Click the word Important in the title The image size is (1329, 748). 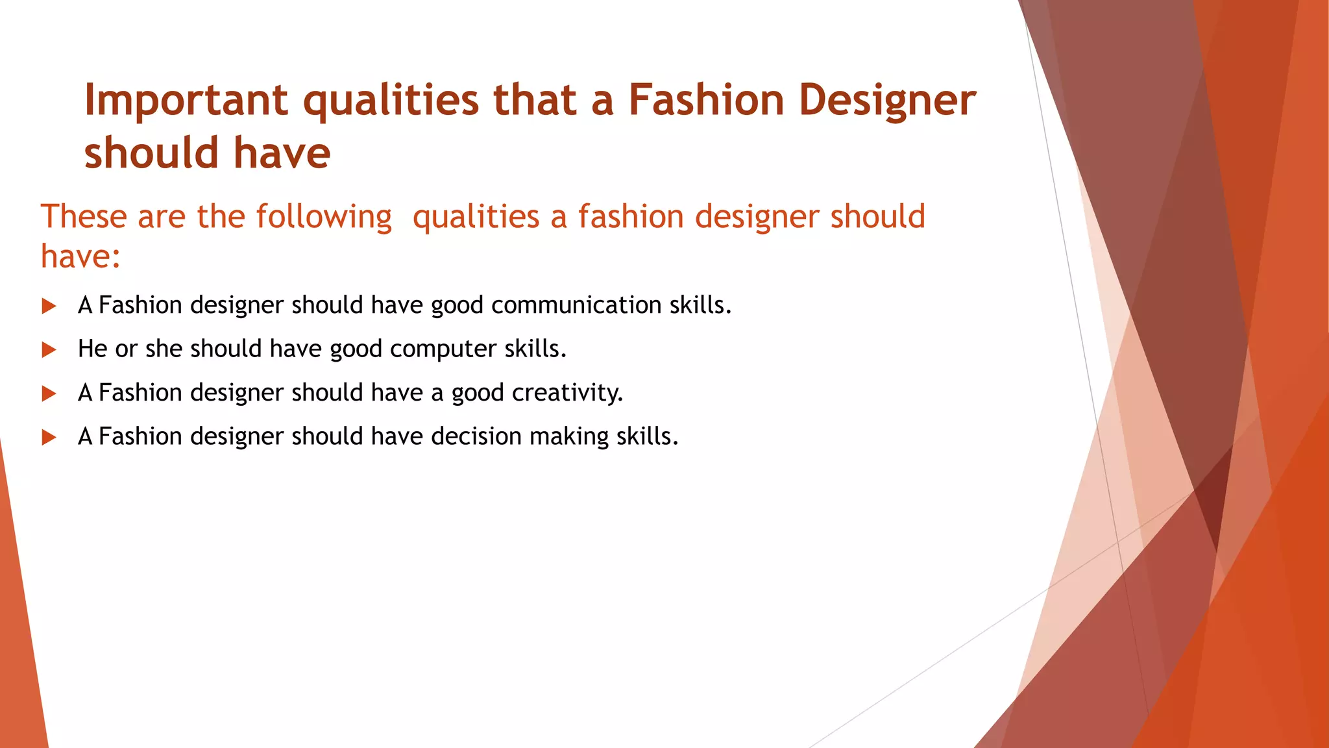pyautogui.click(x=186, y=101)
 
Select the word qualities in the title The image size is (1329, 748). pyautogui.click(x=391, y=101)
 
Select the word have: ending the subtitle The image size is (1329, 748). pyautogui.click(x=80, y=256)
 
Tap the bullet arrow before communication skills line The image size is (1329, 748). pyautogui.click(x=49, y=306)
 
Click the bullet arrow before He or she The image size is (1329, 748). pyautogui.click(x=49, y=350)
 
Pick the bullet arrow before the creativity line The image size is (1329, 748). pyautogui.click(x=49, y=393)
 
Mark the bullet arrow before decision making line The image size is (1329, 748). pyautogui.click(x=49, y=437)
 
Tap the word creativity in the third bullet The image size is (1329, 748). pyautogui.click(x=567, y=393)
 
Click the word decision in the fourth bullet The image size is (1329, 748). pyautogui.click(x=476, y=436)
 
